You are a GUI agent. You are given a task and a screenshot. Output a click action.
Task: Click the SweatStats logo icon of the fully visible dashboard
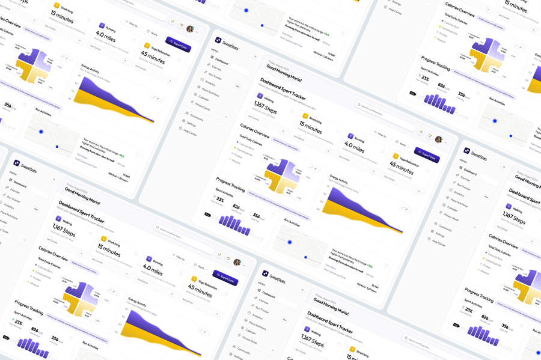(218, 40)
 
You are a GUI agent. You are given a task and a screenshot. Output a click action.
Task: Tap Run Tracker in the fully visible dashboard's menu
(215, 77)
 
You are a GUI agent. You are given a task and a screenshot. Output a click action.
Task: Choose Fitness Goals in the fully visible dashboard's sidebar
(203, 108)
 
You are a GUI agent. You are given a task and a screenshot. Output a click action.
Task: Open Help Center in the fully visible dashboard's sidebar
(190, 133)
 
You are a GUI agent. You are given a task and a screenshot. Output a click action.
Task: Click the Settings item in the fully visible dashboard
(191, 124)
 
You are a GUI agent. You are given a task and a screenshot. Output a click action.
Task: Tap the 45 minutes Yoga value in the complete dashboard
(401, 170)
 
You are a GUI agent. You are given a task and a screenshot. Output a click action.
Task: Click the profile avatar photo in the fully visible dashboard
(439, 139)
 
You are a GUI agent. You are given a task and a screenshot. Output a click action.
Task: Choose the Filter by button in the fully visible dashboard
(381, 135)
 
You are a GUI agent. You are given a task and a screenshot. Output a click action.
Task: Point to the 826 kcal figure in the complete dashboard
(239, 208)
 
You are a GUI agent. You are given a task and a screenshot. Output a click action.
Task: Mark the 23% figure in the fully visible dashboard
(220, 200)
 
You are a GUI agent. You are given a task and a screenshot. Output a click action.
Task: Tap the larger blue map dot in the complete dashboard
(290, 242)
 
